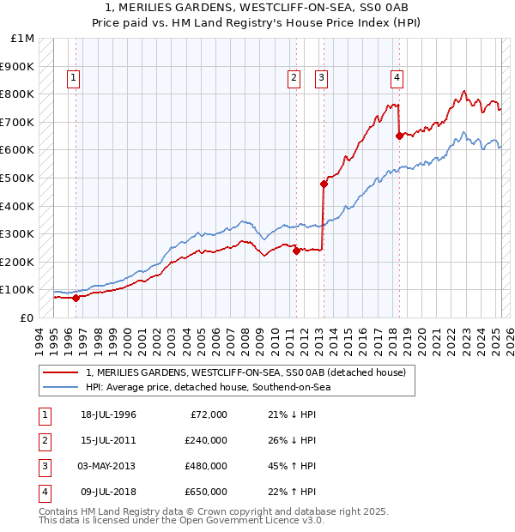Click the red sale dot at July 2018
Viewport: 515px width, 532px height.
tap(399, 136)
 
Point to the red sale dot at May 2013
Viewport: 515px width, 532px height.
tap(324, 184)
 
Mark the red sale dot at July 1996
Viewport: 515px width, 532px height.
tap(76, 298)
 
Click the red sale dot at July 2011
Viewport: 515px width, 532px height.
tap(296, 251)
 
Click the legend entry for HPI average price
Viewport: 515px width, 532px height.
tap(207, 387)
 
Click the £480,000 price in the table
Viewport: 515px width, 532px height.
tap(206, 466)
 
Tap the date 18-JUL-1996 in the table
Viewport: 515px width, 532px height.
tap(108, 414)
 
